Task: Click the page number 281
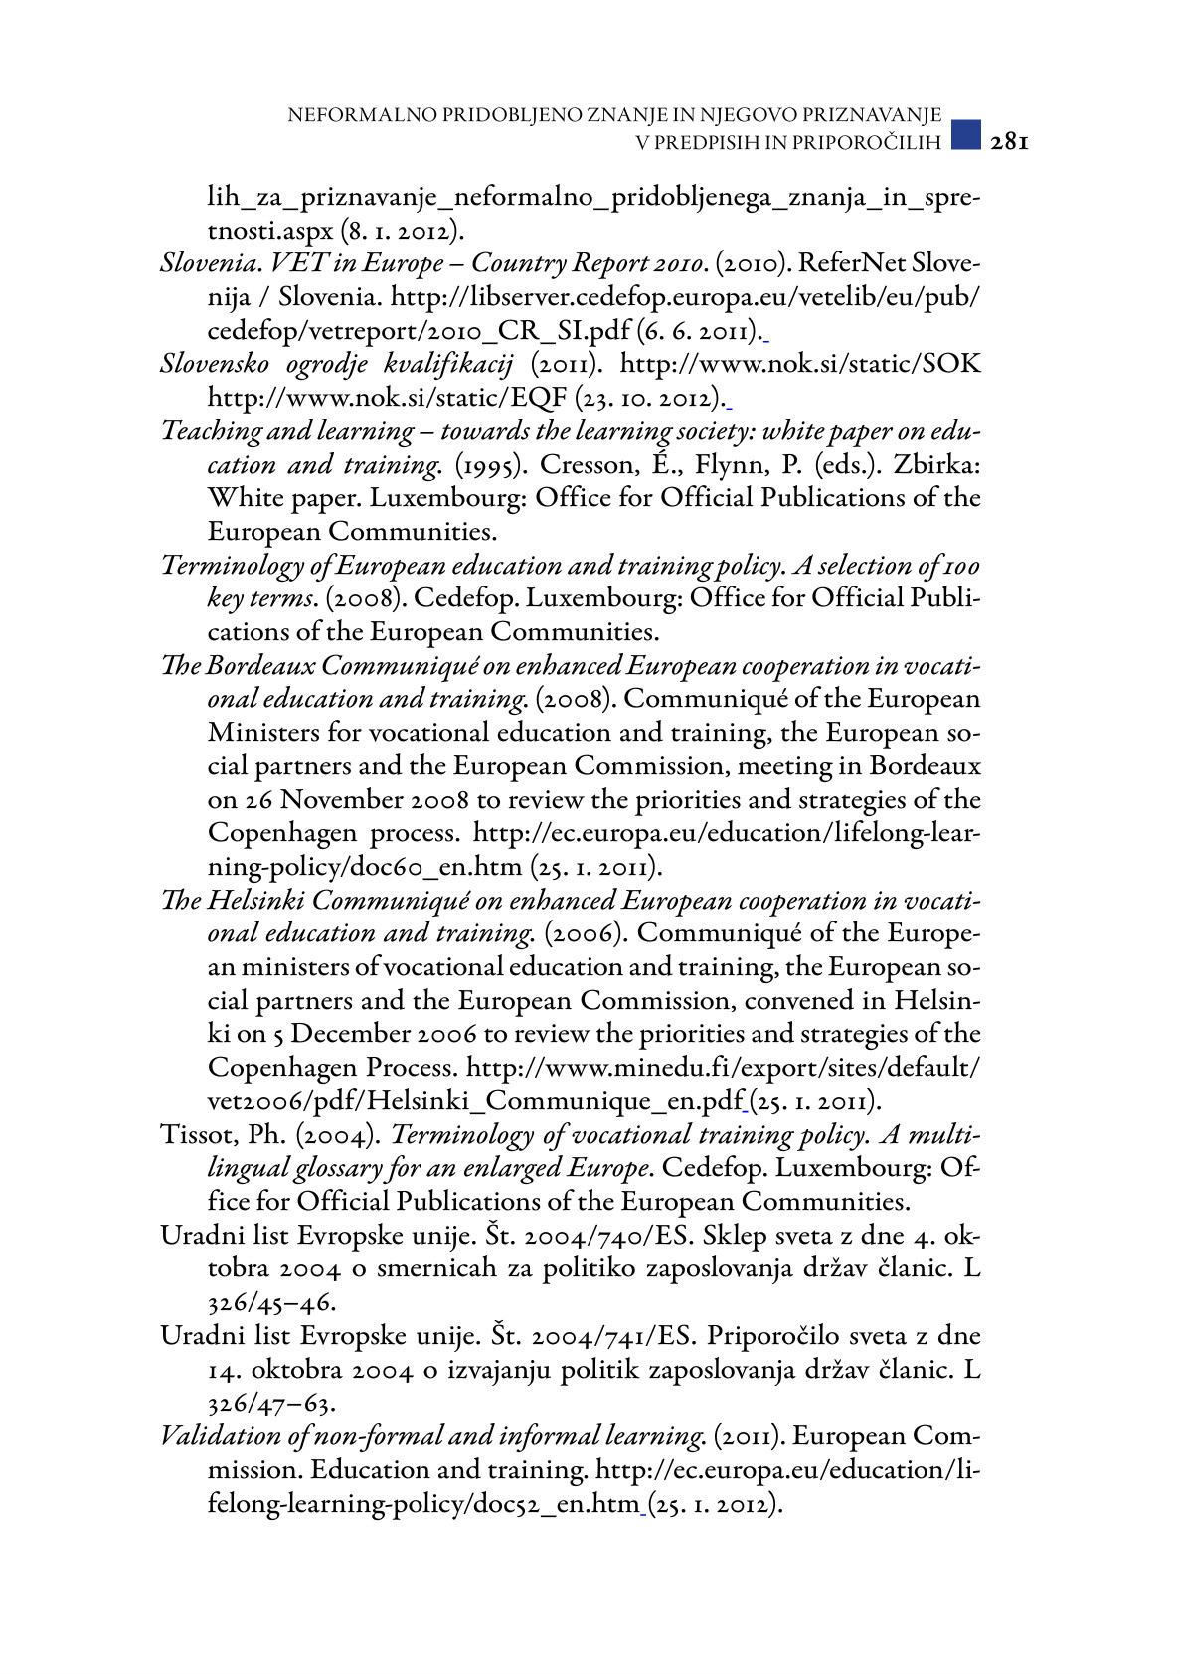(x=1009, y=142)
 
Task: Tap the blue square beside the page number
(x=965, y=136)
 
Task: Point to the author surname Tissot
(x=193, y=1135)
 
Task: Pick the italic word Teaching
(x=210, y=431)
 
